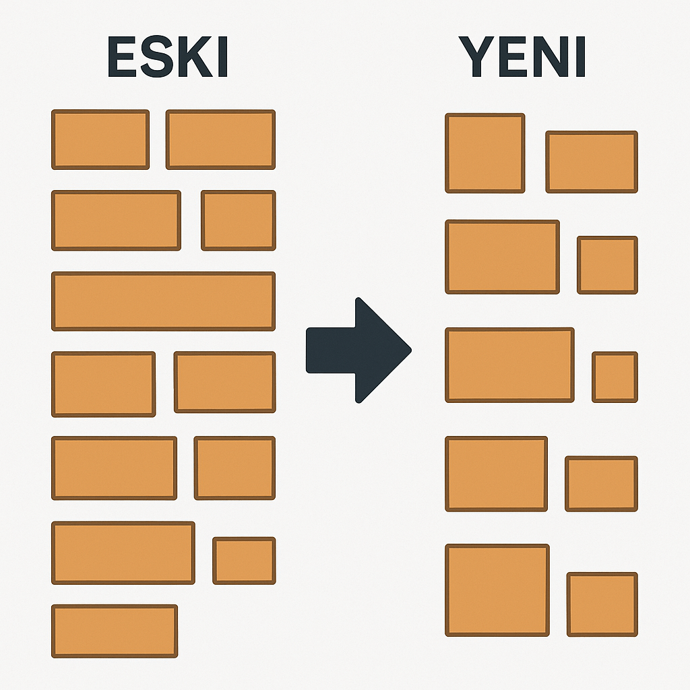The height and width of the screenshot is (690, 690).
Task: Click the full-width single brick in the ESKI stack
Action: [163, 301]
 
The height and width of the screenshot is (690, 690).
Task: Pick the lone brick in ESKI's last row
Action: [115, 631]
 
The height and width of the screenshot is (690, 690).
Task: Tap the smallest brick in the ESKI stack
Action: [244, 560]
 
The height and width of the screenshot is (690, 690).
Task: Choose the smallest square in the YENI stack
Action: [615, 377]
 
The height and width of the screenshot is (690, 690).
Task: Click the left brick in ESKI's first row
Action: [100, 139]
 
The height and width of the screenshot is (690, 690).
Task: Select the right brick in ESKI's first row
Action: [220, 139]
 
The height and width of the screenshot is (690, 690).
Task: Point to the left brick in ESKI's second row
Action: [116, 220]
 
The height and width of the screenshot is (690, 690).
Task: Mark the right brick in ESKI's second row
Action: [239, 220]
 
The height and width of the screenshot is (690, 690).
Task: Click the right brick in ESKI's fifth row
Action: [234, 468]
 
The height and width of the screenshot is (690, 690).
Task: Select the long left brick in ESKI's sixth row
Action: [123, 553]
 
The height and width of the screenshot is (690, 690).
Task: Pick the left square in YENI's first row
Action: [484, 153]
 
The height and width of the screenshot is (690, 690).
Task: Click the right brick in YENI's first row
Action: [592, 162]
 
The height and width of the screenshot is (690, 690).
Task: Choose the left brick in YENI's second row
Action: [502, 257]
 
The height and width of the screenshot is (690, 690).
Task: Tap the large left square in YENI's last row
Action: [497, 590]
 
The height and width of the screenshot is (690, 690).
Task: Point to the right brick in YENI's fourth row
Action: [601, 483]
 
